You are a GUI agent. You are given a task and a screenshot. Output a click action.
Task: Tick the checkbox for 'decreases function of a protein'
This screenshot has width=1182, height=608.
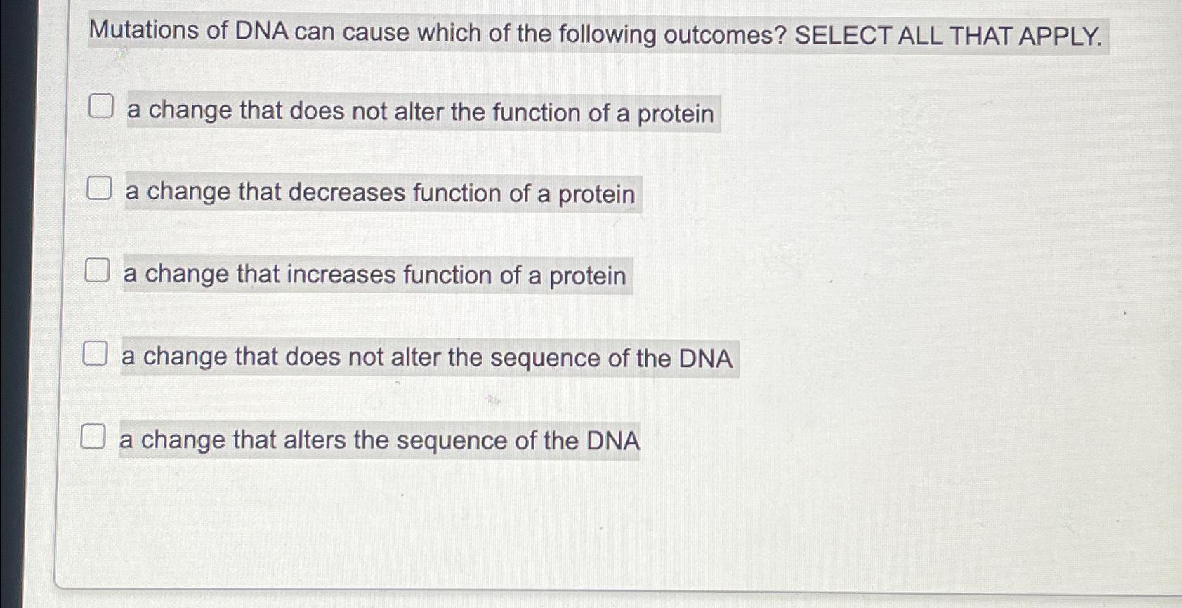pyautogui.click(x=99, y=188)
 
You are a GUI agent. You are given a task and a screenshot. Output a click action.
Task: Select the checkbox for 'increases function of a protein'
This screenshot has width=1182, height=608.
pyautogui.click(x=98, y=270)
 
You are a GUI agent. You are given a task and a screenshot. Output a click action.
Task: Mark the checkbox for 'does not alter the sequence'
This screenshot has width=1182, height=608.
pyautogui.click(x=96, y=353)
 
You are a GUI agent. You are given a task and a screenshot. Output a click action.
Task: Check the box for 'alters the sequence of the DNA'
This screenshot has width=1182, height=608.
pyautogui.click(x=93, y=436)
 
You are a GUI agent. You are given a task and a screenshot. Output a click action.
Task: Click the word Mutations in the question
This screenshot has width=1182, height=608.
pyautogui.click(x=144, y=30)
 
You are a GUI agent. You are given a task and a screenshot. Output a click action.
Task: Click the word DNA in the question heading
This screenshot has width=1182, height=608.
pyautogui.click(x=262, y=32)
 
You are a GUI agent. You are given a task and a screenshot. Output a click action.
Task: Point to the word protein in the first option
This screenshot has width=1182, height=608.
pyautogui.click(x=675, y=114)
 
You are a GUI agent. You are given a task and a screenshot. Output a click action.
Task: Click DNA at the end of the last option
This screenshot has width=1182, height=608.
pyautogui.click(x=613, y=441)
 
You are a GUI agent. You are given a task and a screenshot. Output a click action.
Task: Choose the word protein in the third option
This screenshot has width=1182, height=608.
pyautogui.click(x=587, y=276)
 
